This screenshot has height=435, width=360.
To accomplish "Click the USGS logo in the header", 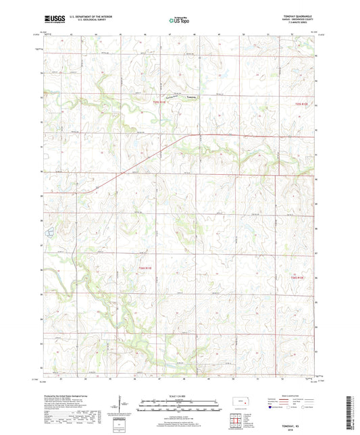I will [x=53, y=20].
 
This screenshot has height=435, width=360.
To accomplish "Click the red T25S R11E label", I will [x=159, y=103].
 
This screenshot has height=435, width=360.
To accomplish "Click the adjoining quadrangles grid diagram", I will [x=235, y=422].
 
